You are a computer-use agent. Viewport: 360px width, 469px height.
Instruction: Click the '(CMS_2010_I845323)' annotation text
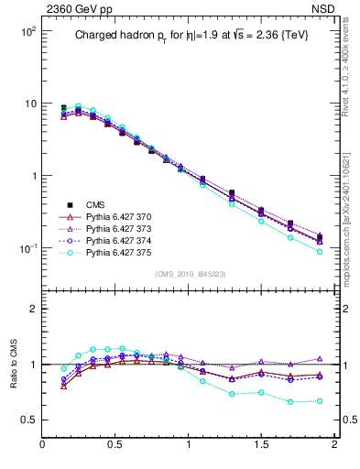pyautogui.click(x=191, y=274)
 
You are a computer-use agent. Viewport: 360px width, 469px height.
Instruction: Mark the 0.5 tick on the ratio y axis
pyautogui.click(x=32, y=420)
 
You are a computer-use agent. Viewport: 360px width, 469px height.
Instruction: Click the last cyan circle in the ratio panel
pyautogui.click(x=320, y=401)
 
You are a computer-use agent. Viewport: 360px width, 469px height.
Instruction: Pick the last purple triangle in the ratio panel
pyautogui.click(x=320, y=359)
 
